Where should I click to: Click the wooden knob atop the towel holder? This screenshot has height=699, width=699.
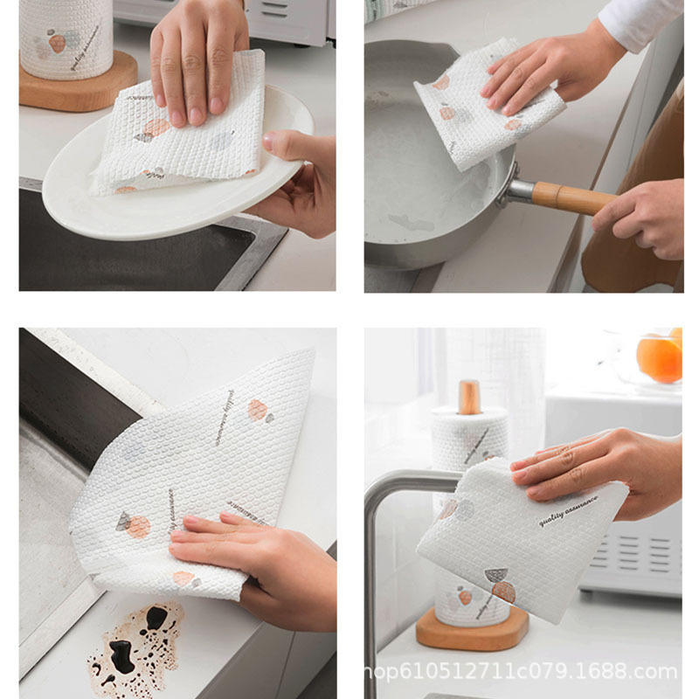coord(470,397)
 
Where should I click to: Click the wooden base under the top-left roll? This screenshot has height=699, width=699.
coord(79,83)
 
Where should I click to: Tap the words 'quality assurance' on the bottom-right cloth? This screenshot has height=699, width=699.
coord(568,512)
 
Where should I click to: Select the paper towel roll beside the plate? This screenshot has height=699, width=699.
coord(66,35)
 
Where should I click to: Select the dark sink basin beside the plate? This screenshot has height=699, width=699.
coord(131,253)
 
